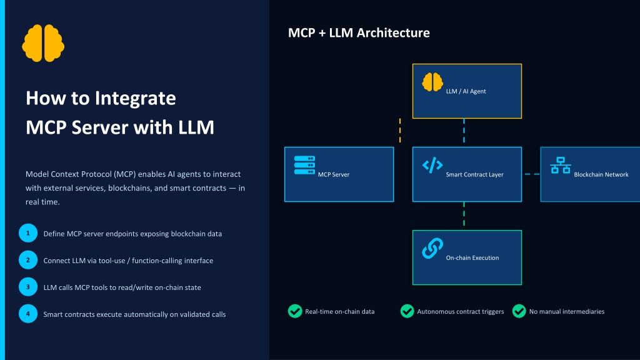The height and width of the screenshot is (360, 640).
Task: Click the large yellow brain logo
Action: (x=43, y=43)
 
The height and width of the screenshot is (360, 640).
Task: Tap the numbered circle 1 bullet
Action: (x=28, y=233)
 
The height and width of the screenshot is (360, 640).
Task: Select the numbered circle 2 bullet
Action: (x=28, y=260)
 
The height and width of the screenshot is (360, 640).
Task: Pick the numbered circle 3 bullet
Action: (x=28, y=287)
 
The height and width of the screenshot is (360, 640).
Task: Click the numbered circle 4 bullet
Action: (x=28, y=314)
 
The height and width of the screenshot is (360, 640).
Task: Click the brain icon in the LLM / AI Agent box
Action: (x=432, y=82)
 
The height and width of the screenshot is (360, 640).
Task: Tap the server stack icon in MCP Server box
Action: (x=304, y=165)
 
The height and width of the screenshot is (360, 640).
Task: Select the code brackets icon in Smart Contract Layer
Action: (x=432, y=165)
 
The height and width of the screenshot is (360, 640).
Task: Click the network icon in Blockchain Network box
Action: (x=561, y=165)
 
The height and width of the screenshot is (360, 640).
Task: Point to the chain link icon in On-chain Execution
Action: (x=432, y=249)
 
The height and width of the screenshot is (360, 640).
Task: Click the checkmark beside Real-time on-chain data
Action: (x=295, y=311)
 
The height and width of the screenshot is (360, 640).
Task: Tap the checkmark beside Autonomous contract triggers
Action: (x=407, y=311)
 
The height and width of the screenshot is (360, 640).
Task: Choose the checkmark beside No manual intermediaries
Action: (x=519, y=311)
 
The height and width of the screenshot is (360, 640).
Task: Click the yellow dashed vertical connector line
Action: (x=400, y=131)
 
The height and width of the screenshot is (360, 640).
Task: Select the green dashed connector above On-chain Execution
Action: (x=464, y=214)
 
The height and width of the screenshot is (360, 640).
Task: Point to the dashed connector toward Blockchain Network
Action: (x=532, y=174)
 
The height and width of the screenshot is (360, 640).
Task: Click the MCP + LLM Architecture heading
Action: (x=359, y=32)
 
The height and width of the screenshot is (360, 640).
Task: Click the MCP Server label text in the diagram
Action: (x=334, y=175)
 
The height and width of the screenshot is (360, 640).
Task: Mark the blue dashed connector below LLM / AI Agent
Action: (x=464, y=131)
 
